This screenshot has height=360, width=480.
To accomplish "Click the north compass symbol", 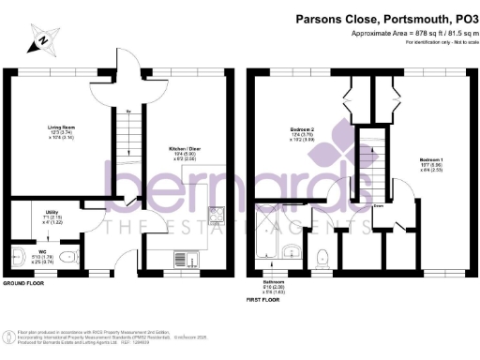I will click(x=40, y=40).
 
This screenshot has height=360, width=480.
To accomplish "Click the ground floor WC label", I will click(x=43, y=252).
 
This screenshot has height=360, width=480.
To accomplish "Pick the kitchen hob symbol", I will click(x=216, y=216).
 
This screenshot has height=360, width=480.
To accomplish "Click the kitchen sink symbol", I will click(x=184, y=258).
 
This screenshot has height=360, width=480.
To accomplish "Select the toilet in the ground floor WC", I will click(x=19, y=253).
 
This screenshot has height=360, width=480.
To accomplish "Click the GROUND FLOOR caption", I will click(x=25, y=282).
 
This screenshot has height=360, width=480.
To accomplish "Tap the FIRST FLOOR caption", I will click(x=266, y=301).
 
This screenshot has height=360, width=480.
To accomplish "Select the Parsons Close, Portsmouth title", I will click(x=385, y=18).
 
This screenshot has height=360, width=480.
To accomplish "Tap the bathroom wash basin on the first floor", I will click(x=292, y=250).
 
